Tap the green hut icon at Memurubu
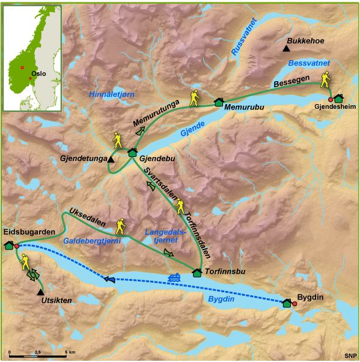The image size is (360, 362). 219,102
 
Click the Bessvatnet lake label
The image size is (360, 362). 309,63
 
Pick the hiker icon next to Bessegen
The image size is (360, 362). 325,79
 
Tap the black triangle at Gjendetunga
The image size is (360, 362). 111,159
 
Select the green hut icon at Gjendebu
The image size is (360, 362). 132,152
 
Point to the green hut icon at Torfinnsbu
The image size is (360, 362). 197,272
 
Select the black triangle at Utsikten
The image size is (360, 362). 40,292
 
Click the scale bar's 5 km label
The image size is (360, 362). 70,351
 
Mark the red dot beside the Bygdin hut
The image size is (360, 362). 294,304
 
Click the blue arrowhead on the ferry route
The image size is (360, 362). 109,278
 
